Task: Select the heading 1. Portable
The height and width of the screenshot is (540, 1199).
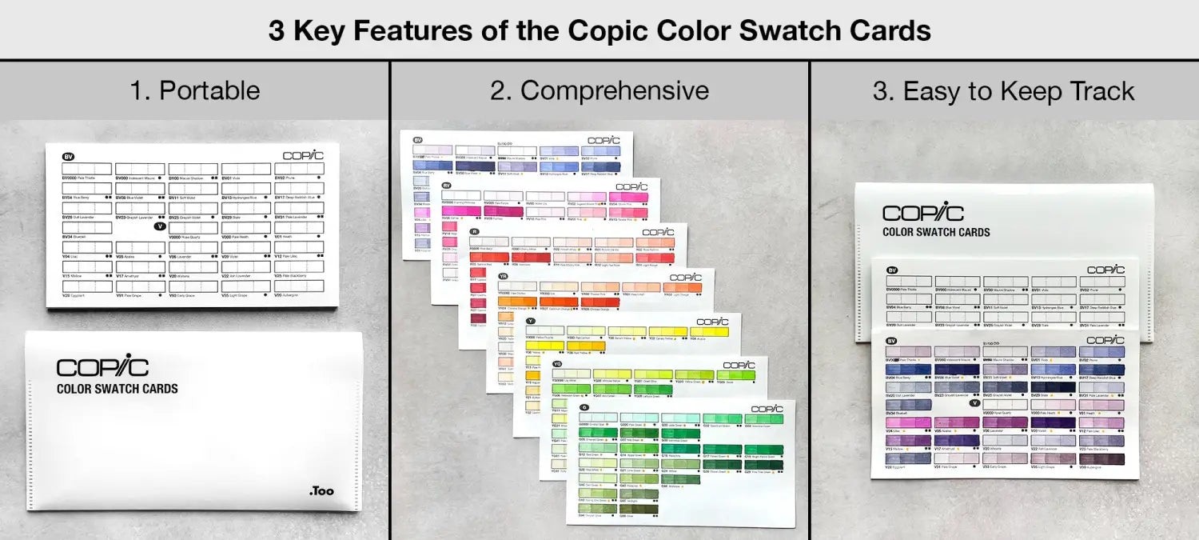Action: (x=194, y=90)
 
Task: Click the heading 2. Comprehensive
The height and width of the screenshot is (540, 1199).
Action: (x=599, y=90)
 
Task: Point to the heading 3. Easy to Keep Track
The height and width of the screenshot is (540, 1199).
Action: (x=1003, y=91)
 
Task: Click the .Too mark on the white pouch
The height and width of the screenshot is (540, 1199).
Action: (x=321, y=491)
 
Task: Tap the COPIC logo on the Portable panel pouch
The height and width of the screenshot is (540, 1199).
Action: (x=102, y=367)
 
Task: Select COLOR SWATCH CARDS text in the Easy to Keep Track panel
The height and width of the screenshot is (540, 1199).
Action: (x=936, y=232)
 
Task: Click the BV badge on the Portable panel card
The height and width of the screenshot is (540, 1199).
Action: (x=68, y=157)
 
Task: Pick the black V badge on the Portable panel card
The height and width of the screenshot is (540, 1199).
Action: (x=160, y=226)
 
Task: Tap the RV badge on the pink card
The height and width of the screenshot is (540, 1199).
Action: (x=447, y=186)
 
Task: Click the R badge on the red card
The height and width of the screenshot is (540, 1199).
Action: (x=474, y=230)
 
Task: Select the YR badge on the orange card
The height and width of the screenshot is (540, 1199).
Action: (x=503, y=276)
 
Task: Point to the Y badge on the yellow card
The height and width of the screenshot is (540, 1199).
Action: (x=530, y=321)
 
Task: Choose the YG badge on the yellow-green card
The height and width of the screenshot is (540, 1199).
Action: (x=557, y=364)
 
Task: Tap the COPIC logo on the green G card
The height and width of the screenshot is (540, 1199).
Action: (x=767, y=408)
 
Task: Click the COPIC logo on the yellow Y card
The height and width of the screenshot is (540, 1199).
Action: (x=712, y=321)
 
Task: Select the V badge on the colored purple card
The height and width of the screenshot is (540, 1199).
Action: (x=974, y=402)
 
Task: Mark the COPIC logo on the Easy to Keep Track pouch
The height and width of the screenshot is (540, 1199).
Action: (x=923, y=213)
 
